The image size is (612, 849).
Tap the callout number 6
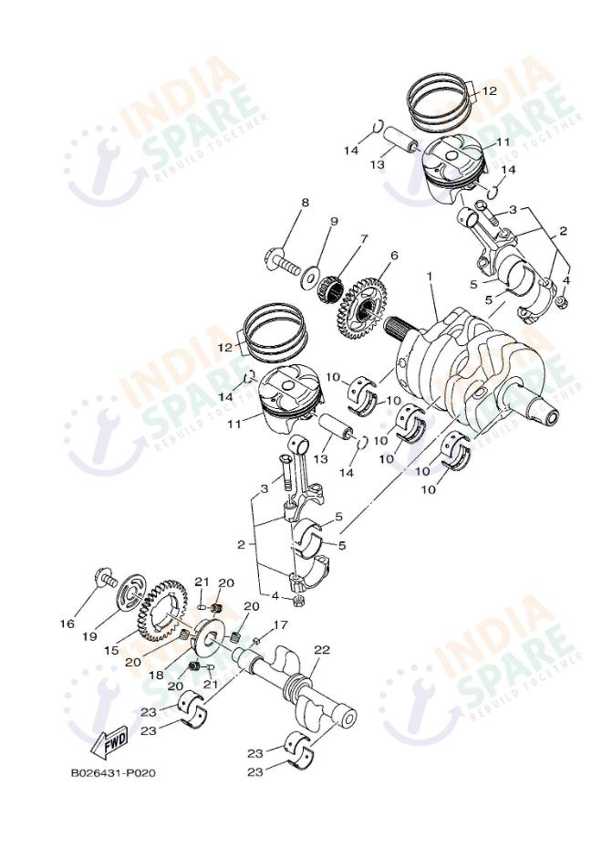[394, 256]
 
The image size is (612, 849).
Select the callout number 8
[305, 203]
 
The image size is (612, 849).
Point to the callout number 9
[334, 221]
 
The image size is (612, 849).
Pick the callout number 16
[67, 624]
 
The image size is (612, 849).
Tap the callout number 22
[321, 649]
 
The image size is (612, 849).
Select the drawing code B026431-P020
[113, 773]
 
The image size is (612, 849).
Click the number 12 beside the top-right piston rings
[490, 91]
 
